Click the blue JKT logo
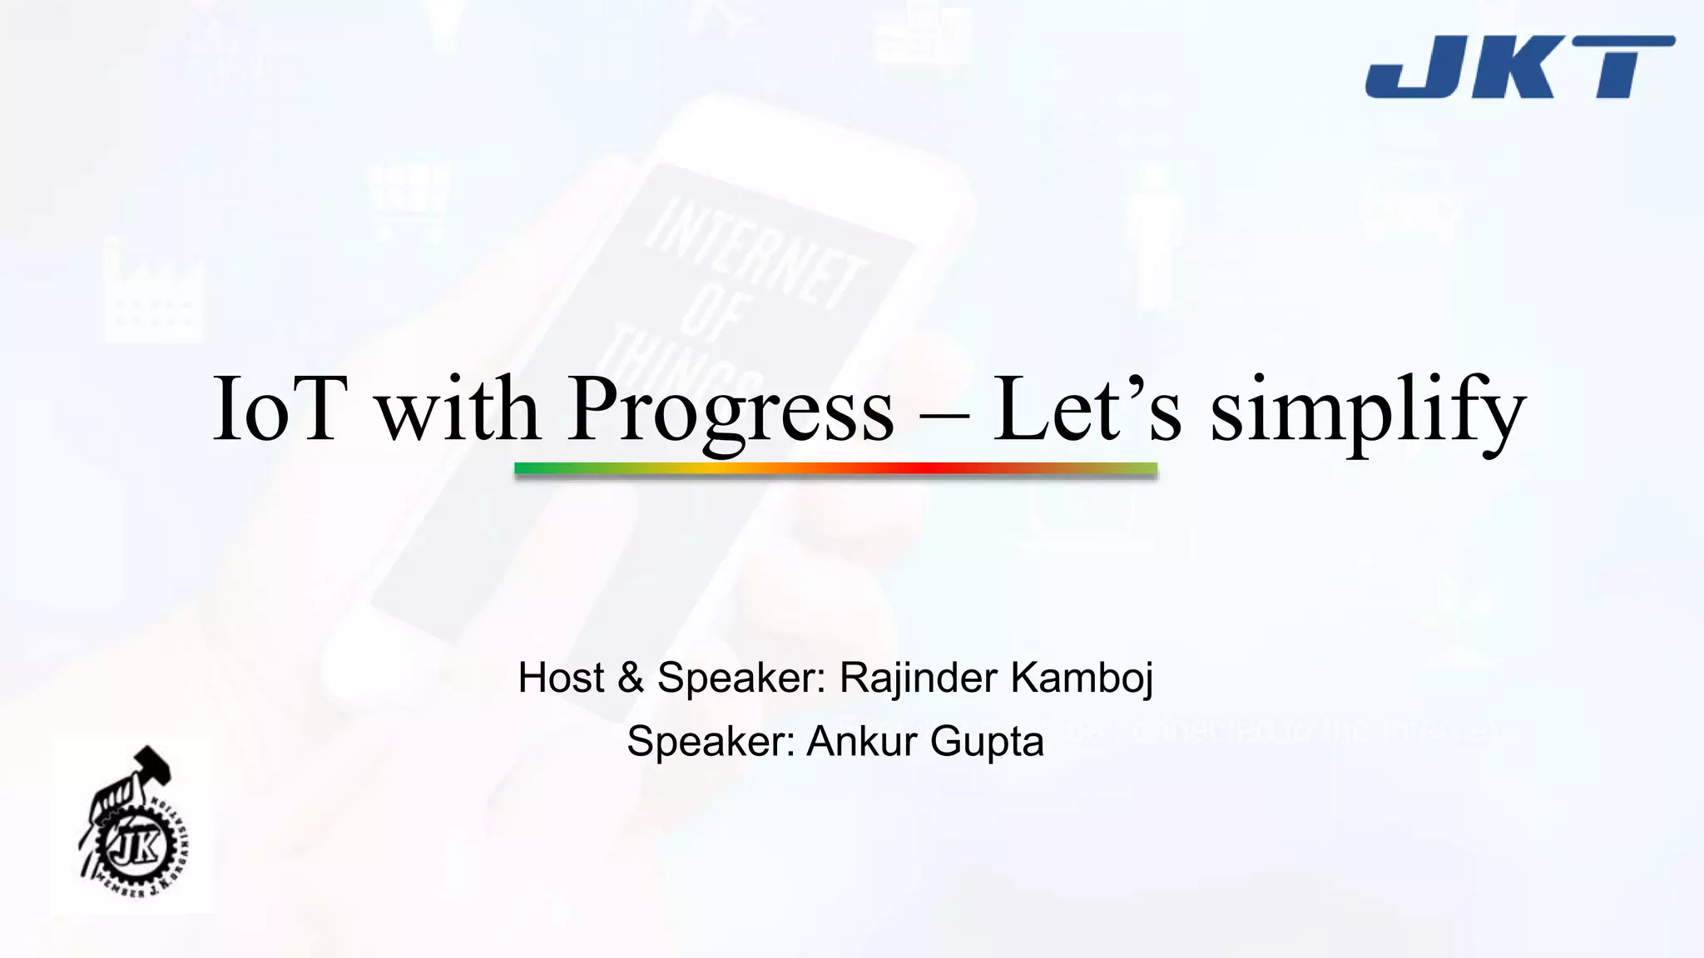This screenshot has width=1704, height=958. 1519,67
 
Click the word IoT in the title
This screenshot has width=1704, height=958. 279,410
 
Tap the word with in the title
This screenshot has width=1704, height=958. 458,410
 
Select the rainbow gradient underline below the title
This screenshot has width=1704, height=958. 835,469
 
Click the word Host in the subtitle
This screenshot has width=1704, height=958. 561,677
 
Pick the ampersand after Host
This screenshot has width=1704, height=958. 631,677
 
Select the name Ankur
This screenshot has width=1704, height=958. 861,741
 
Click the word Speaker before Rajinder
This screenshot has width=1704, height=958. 741,679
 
